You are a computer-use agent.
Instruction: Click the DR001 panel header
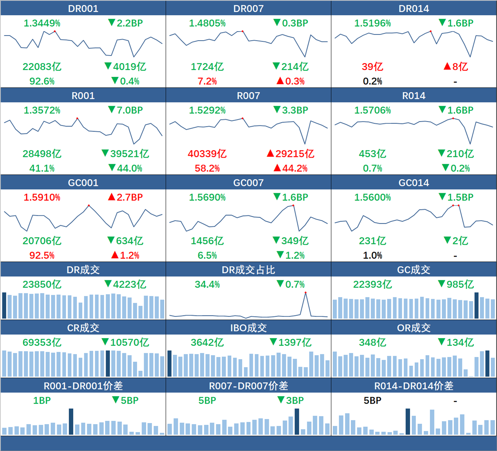click(83, 8)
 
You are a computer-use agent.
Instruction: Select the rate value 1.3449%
click(42, 23)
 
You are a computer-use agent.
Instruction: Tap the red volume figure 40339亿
click(207, 154)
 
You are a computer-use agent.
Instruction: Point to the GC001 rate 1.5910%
click(42, 198)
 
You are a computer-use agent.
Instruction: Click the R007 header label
click(248, 96)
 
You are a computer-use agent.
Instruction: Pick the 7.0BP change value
click(130, 110)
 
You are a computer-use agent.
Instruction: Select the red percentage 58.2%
click(207, 168)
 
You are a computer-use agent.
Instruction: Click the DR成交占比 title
click(248, 270)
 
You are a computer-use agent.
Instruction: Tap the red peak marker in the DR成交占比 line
click(305, 293)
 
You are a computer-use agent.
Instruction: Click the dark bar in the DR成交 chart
click(4, 305)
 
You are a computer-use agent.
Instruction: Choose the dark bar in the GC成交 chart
click(476, 305)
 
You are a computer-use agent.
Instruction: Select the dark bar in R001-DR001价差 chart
click(71, 422)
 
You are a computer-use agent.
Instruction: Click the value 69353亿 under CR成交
click(42, 342)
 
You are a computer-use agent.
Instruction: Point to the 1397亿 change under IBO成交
click(295, 342)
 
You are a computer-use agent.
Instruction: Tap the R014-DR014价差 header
click(414, 386)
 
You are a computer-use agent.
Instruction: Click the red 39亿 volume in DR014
click(373, 67)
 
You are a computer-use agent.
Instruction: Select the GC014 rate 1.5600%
click(373, 198)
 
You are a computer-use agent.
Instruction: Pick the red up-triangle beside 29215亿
click(270, 154)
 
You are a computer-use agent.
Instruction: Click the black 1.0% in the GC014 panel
click(373, 256)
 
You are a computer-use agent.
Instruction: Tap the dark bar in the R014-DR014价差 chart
click(408, 422)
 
